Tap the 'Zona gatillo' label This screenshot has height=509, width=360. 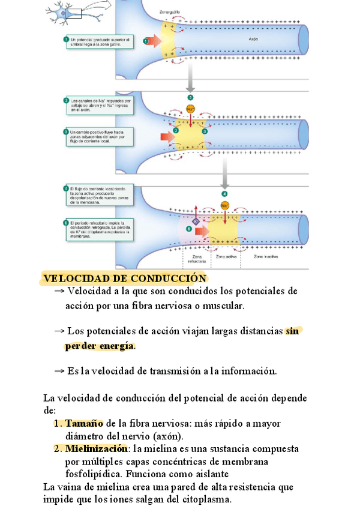click(x=171, y=11)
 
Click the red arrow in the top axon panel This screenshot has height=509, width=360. click(x=153, y=41)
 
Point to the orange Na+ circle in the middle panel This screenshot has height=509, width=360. click(x=190, y=109)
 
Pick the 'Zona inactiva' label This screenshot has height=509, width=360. click(x=266, y=256)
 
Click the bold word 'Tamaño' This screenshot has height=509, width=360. click(x=84, y=424)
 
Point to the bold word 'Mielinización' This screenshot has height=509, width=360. click(x=96, y=449)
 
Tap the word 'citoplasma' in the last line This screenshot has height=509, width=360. click(x=202, y=499)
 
